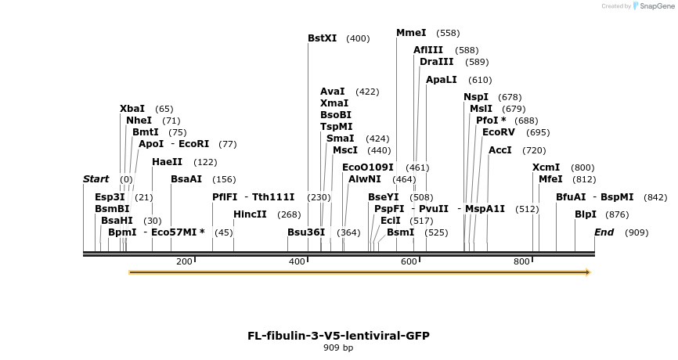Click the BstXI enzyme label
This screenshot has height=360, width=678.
click(322, 38)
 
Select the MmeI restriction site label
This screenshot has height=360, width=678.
click(411, 33)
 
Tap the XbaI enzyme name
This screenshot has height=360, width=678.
click(132, 109)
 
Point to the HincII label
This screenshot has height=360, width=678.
click(250, 214)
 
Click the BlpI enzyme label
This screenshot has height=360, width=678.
click(585, 214)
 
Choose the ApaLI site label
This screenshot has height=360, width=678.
click(441, 80)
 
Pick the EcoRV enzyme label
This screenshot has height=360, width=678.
click(499, 132)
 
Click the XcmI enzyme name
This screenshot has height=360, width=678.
click(546, 167)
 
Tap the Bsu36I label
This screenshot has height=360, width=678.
click(305, 232)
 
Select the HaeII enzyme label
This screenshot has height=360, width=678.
click(167, 162)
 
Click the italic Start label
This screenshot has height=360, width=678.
click(96, 179)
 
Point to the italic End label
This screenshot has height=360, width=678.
click(604, 232)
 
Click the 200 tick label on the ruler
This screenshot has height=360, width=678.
click(184, 261)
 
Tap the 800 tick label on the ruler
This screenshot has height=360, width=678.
click(521, 261)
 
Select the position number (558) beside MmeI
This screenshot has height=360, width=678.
click(448, 34)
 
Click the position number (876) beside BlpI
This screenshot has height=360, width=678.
click(617, 215)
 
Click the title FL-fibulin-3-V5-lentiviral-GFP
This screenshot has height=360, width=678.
click(338, 336)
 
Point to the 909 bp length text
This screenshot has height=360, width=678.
click(338, 348)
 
